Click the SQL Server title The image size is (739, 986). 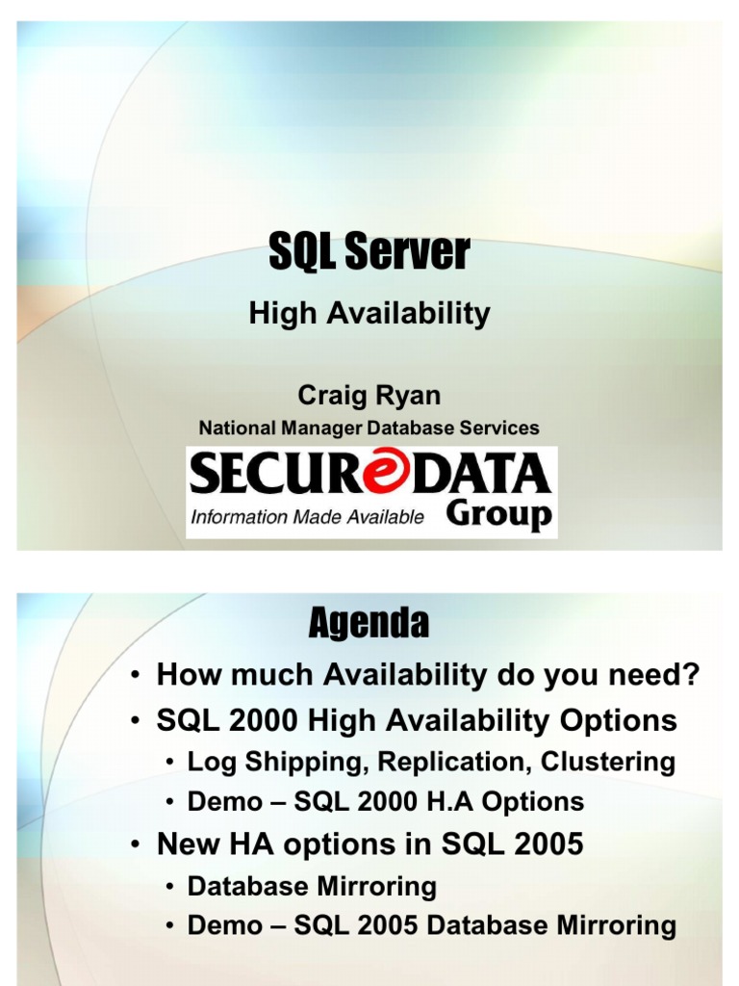pos(369,253)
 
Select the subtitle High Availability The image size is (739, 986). pos(369,313)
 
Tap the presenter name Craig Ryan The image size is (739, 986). pos(369,395)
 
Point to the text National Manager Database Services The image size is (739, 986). pos(369,428)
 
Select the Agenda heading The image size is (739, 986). pos(369,625)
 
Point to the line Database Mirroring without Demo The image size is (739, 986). pos(312,886)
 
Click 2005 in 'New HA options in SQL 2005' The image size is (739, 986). pos(550,844)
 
